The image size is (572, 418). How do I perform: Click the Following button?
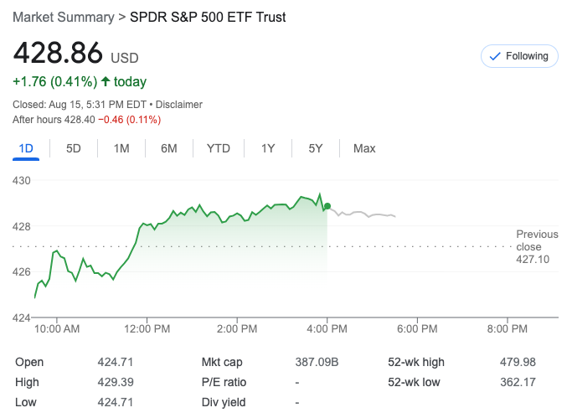click(x=519, y=56)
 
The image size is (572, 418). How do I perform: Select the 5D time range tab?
click(x=74, y=148)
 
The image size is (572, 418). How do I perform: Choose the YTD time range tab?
click(x=218, y=148)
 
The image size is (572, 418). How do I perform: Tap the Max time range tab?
click(x=364, y=148)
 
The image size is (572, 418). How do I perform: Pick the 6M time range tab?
click(x=169, y=148)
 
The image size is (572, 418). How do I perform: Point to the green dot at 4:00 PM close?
click(x=327, y=206)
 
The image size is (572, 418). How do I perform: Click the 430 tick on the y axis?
click(x=22, y=180)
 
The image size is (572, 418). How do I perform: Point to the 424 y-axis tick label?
click(x=22, y=317)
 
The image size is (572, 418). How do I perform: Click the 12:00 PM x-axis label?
click(x=147, y=329)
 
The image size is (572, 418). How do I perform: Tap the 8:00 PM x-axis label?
click(x=508, y=329)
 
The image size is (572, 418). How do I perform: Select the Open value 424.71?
click(x=116, y=362)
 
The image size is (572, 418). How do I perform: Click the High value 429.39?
click(x=116, y=382)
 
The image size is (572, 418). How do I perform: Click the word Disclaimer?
click(x=178, y=105)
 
